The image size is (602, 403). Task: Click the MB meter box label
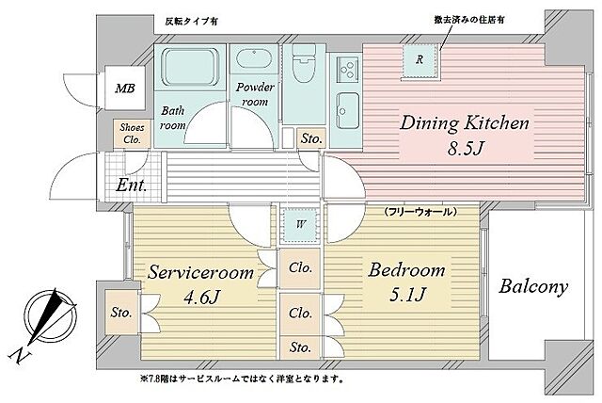tap(124, 89)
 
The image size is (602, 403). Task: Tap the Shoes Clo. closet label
tap(131, 134)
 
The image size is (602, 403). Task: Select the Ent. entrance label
tap(131, 185)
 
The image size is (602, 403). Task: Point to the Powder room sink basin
tap(255, 62)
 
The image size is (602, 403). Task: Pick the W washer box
tap(298, 223)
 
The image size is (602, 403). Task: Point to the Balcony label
tap(532, 287)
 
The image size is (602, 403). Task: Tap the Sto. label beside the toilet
tap(311, 139)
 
